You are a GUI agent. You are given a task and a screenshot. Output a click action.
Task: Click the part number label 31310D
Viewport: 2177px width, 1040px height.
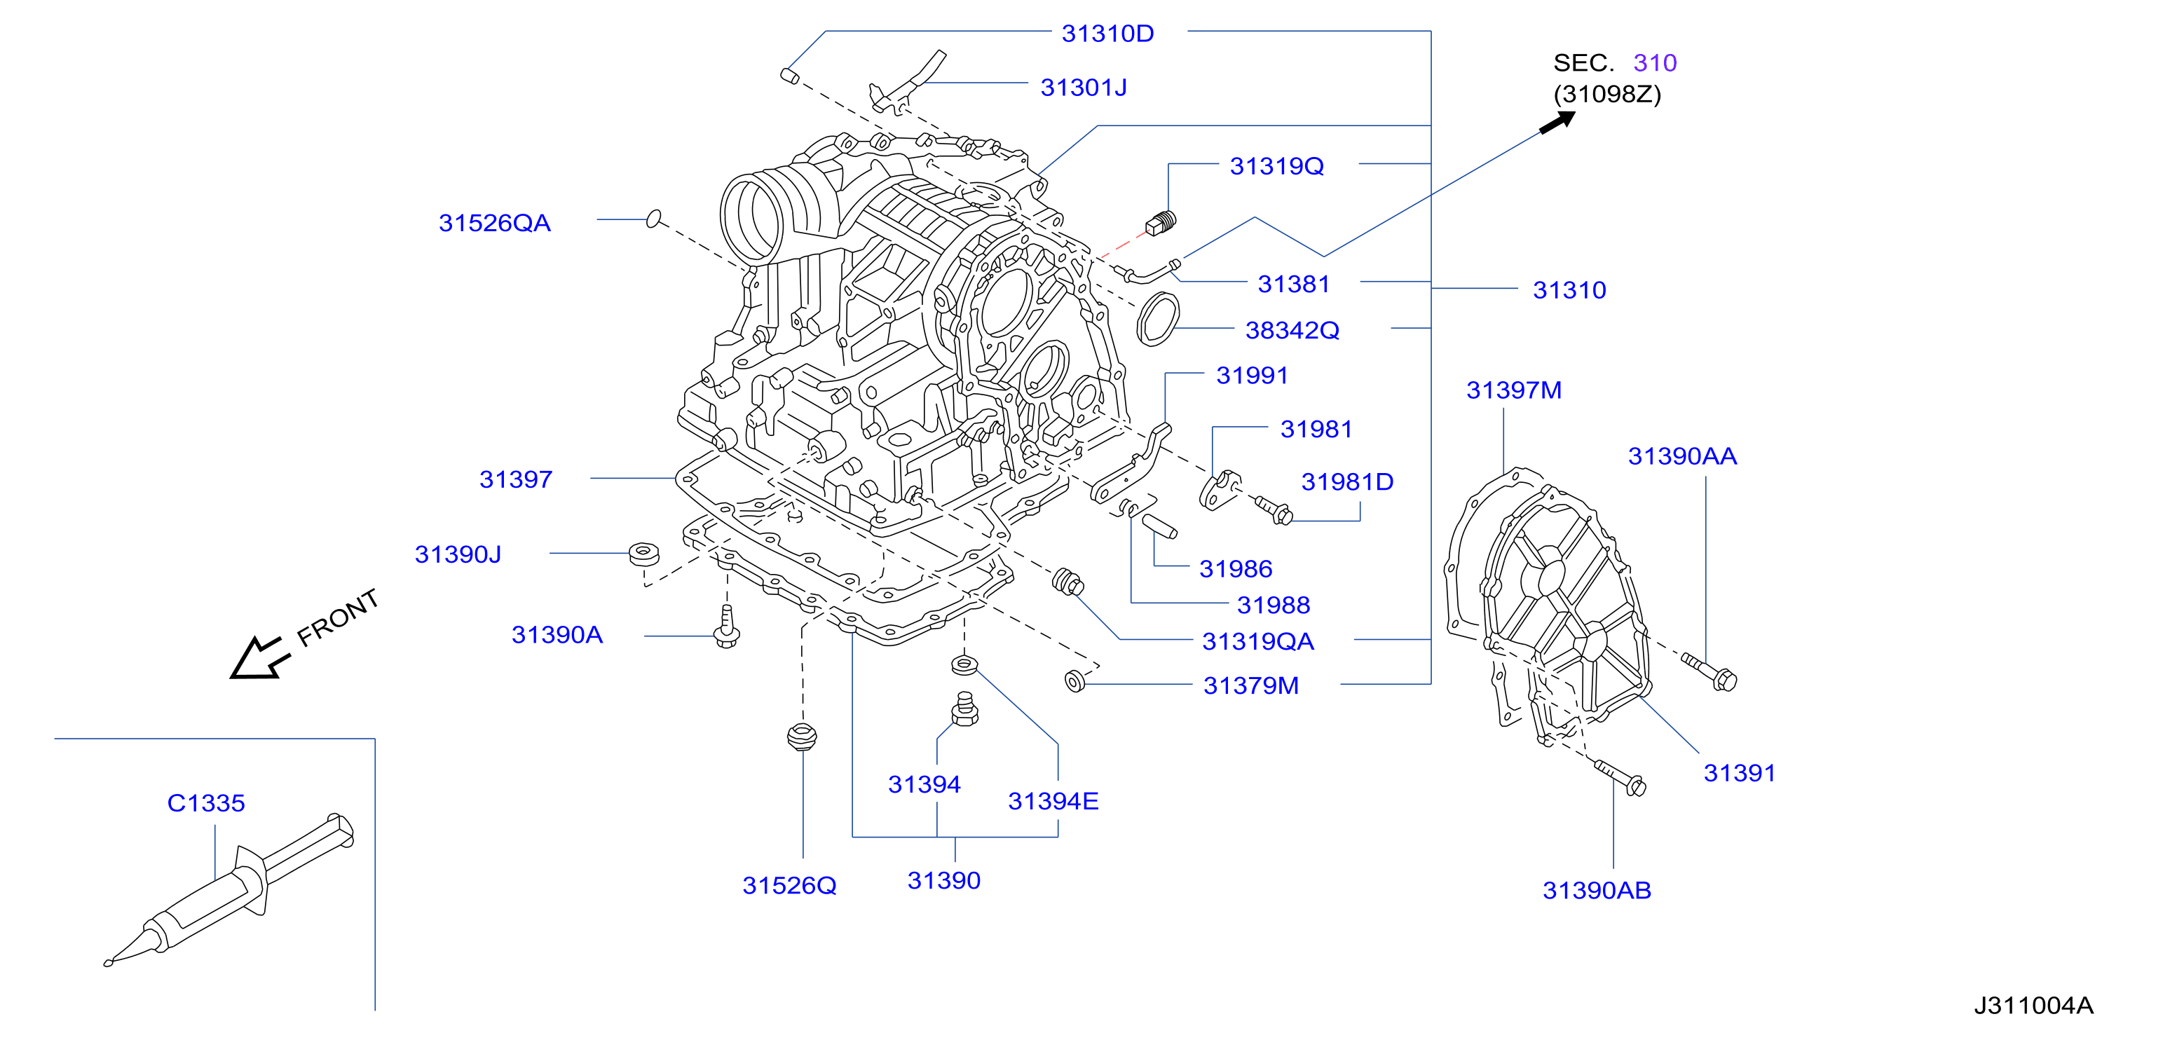click(1107, 34)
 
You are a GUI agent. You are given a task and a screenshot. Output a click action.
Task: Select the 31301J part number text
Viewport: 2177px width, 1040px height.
click(1084, 88)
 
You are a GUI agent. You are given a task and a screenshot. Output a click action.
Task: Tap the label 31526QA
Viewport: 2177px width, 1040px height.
click(494, 223)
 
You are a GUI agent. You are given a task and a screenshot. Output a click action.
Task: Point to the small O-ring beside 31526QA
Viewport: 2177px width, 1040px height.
click(653, 219)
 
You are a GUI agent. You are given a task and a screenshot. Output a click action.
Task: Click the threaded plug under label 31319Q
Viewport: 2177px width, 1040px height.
click(1161, 222)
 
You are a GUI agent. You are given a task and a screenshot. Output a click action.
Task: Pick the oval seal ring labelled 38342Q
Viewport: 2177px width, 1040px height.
click(1158, 318)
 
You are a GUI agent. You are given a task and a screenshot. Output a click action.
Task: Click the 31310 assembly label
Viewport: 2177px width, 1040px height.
click(1569, 291)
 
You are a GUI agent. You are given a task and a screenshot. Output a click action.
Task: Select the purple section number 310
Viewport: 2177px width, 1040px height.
click(1655, 63)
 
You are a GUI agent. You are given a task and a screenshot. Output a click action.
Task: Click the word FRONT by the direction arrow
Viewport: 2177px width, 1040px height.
click(338, 617)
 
